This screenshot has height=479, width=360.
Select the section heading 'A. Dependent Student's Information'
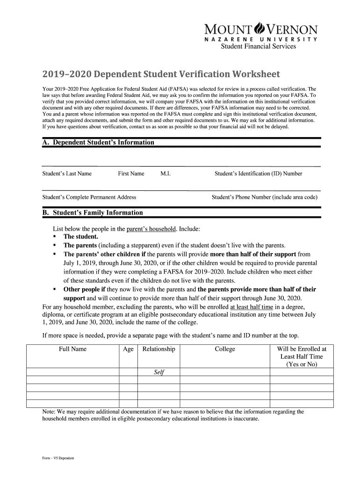pyautogui.click(x=98, y=142)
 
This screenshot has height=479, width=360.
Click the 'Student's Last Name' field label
pyautogui.click(x=67, y=174)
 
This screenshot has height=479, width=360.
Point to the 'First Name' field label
pyautogui.click(x=131, y=174)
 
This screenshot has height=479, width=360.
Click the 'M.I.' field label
pyautogui.click(x=165, y=174)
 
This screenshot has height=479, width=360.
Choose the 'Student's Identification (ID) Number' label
pyautogui.click(x=259, y=174)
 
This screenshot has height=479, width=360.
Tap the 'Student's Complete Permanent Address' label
pyautogui.click(x=89, y=197)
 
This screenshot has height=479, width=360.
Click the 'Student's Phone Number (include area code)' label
pyautogui.click(x=265, y=197)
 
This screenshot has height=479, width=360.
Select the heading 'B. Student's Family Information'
pyautogui.click(x=93, y=213)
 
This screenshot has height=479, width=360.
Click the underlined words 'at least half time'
pyautogui.click(x=254, y=307)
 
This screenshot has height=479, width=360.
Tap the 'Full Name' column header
pyautogui.click(x=72, y=349)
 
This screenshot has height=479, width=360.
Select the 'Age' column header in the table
pyautogui.click(x=128, y=349)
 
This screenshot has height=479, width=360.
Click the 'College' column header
pyautogui.click(x=225, y=349)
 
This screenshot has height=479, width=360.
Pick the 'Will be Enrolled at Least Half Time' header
pyautogui.click(x=302, y=356)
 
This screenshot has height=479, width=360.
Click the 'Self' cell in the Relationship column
pyautogui.click(x=158, y=372)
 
